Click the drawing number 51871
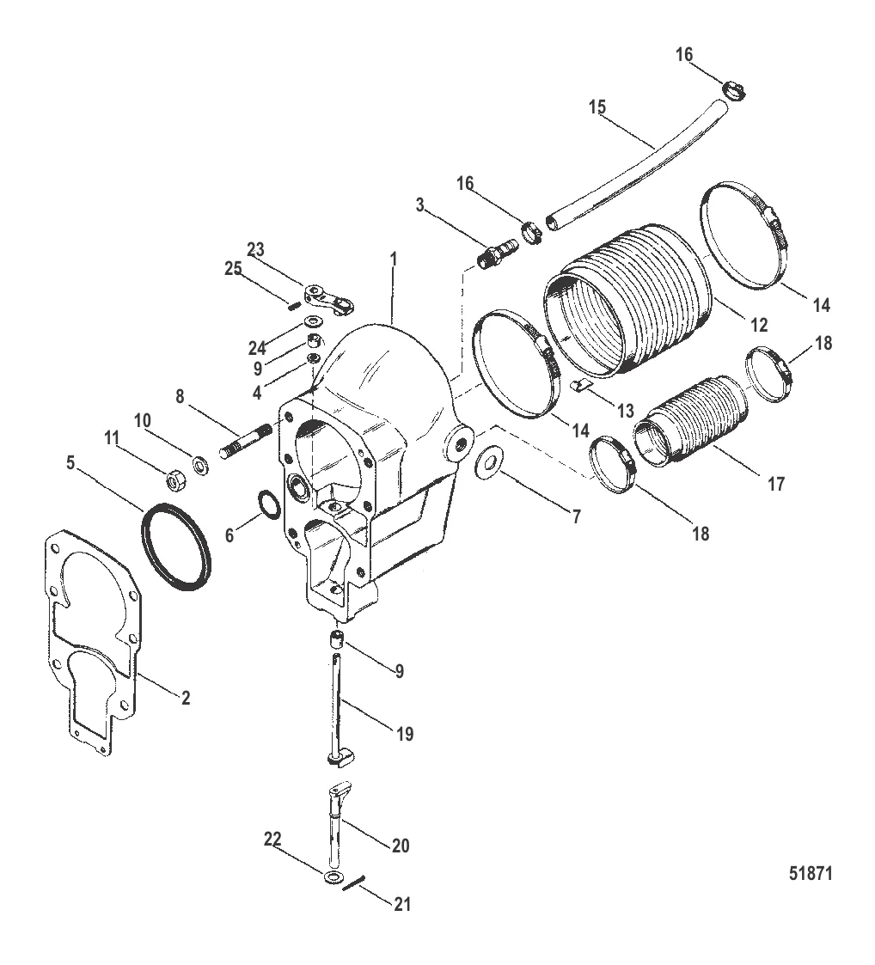[811, 873]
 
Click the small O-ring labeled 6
[267, 506]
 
